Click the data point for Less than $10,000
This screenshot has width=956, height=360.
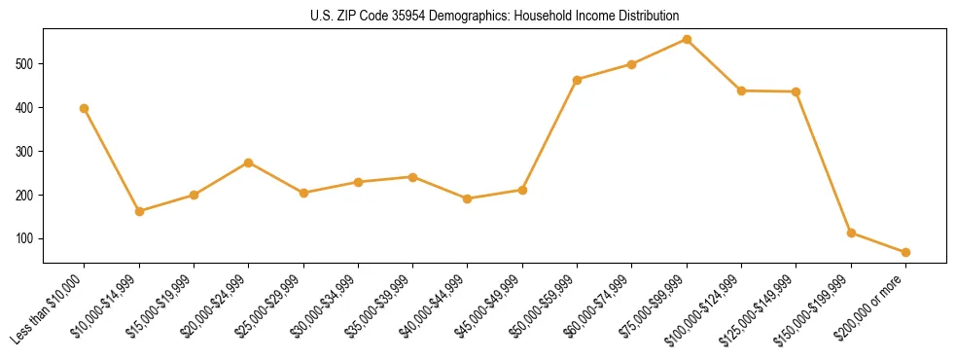click(85, 108)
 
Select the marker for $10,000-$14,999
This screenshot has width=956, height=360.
click(139, 211)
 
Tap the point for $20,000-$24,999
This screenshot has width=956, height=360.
click(249, 162)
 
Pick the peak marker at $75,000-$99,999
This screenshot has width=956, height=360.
click(687, 39)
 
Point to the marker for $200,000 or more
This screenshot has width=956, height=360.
click(905, 252)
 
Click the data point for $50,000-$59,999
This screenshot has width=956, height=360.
click(578, 80)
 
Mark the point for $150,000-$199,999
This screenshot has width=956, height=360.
click(851, 233)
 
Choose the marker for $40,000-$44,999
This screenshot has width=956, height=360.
click(468, 198)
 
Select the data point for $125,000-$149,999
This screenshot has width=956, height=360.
click(797, 91)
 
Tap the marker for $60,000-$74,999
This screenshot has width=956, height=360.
click(632, 64)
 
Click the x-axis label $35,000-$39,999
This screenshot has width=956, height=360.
click(380, 305)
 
